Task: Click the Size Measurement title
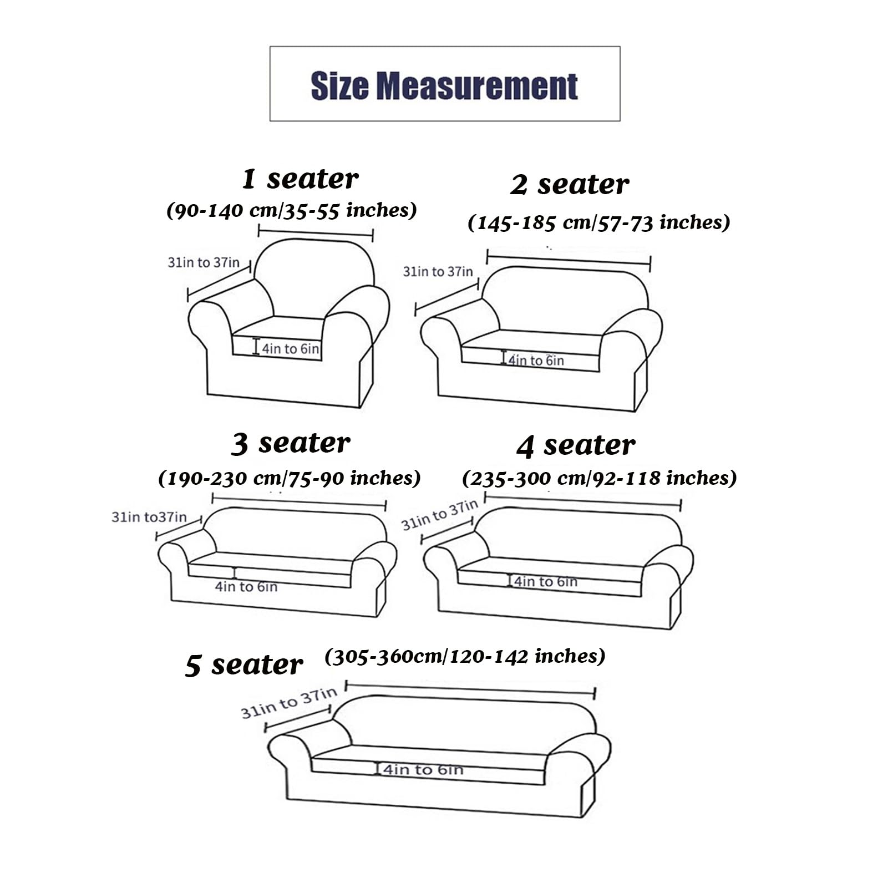point(444,86)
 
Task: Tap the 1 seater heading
point(301,179)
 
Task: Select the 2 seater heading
point(570,185)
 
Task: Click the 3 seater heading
point(291,444)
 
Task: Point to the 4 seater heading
point(576,445)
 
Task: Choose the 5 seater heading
point(244,664)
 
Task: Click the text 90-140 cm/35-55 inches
point(292,210)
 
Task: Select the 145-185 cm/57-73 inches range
point(599,223)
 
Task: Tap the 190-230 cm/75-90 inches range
point(290,478)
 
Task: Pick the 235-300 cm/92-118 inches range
point(600,478)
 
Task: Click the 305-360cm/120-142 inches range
point(465,657)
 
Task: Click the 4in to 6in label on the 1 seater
point(291,349)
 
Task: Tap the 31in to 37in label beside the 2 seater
point(438,271)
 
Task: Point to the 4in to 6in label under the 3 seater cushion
point(246,586)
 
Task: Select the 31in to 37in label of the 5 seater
point(289,703)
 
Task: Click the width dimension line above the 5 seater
point(470,689)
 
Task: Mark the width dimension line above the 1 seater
point(316,233)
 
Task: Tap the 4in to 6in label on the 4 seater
point(546,581)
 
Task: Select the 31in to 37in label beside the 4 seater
point(439,515)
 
